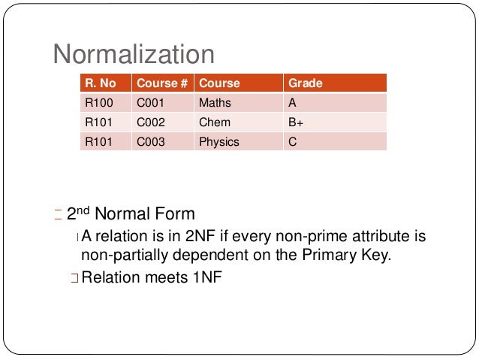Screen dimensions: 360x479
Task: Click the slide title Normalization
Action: click(133, 54)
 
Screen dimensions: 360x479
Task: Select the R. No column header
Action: click(101, 83)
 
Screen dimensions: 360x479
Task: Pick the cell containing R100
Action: click(98, 103)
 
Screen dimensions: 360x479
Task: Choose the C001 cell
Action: click(149, 103)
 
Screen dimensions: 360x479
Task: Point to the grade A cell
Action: click(292, 103)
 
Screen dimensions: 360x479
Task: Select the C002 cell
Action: click(149, 122)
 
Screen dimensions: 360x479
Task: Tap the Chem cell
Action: click(214, 122)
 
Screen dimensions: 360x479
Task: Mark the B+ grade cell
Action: click(295, 122)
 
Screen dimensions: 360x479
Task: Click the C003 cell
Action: click(149, 141)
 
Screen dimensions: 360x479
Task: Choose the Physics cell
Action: click(218, 141)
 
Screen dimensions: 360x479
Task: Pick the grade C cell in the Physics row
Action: click(292, 141)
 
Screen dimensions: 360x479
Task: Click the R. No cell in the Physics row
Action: click(98, 141)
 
